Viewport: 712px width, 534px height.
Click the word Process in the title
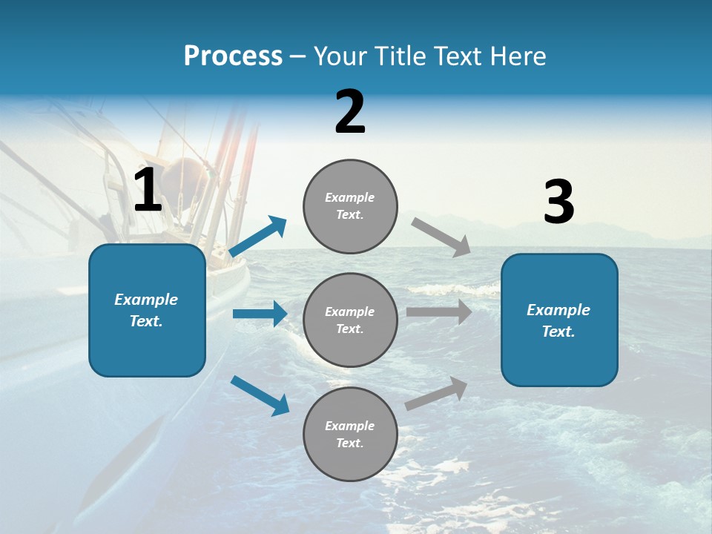pos(233,56)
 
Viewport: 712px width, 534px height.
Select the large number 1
pos(148,191)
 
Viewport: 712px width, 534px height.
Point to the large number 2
pos(350,112)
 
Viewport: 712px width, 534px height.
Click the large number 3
pos(558,202)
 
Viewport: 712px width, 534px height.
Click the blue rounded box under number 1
pos(147,310)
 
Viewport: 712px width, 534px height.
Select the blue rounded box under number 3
pos(559,320)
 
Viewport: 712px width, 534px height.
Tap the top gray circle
pos(350,206)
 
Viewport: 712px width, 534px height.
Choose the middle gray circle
pos(350,320)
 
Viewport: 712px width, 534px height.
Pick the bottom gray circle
pos(350,434)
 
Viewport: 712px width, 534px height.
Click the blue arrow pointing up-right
pos(258,237)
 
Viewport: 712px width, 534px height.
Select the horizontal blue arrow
pos(260,314)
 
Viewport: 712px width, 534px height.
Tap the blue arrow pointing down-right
pos(260,395)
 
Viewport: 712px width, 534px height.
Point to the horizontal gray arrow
pos(439,312)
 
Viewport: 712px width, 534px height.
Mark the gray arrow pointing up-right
pos(436,394)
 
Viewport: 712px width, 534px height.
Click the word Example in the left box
pos(146,300)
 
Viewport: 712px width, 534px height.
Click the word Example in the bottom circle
pos(350,426)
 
